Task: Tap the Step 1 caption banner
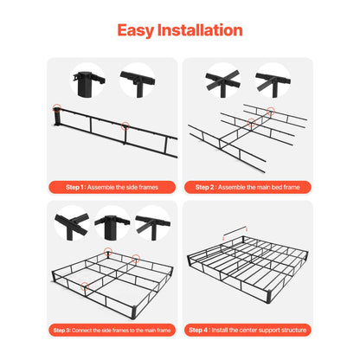coord(112,185)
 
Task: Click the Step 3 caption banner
coord(112,330)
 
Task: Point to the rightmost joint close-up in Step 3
coord(153,227)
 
